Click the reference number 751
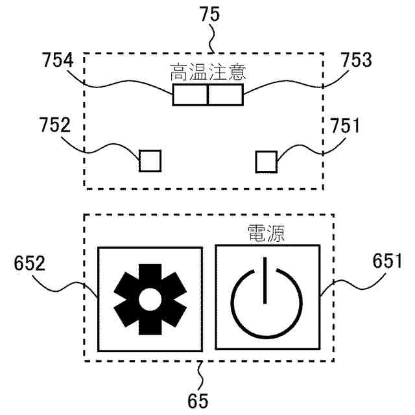click(344, 125)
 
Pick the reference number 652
click(30, 263)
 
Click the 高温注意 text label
click(207, 70)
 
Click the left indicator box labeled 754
click(190, 95)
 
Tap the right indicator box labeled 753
click(226, 95)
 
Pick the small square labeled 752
click(150, 160)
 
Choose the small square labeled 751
click(265, 161)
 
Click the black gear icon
click(148, 298)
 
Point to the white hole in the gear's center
click(148, 298)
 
